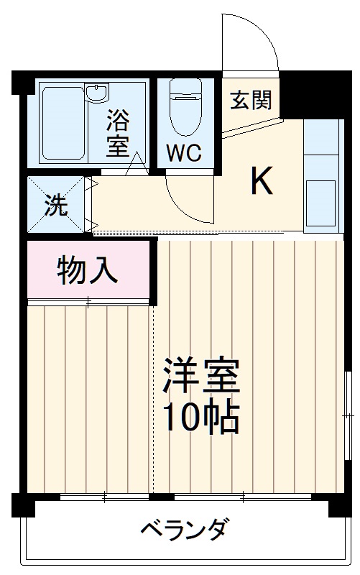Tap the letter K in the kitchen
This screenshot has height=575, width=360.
(x=262, y=182)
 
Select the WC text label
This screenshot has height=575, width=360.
(x=185, y=152)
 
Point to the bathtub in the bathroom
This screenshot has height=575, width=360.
(x=63, y=122)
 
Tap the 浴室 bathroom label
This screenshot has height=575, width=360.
(x=119, y=133)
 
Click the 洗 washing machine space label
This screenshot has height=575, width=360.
(x=55, y=205)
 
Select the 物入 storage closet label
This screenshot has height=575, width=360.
(x=87, y=271)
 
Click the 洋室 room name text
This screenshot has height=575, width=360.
(x=200, y=376)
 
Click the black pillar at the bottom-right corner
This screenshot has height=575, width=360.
(x=338, y=506)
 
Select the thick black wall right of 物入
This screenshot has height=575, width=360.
(x=153, y=270)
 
